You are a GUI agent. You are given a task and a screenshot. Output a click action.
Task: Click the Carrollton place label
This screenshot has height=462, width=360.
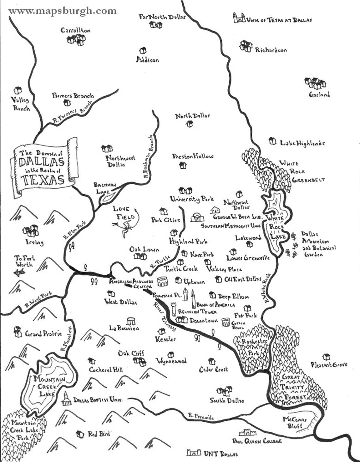click(75, 30)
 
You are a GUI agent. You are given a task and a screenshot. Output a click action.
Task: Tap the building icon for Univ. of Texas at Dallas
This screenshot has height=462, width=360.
click(239, 18)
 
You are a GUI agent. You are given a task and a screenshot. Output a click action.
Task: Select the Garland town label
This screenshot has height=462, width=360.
click(319, 94)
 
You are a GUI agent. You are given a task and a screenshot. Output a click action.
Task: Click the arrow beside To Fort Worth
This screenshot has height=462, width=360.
click(19, 273)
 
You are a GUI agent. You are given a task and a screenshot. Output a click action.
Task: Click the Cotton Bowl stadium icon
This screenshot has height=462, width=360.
click(226, 322)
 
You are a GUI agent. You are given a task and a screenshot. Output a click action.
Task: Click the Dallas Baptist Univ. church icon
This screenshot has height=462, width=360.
click(66, 399)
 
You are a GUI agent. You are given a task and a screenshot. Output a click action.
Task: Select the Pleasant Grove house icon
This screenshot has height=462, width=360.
click(327, 357)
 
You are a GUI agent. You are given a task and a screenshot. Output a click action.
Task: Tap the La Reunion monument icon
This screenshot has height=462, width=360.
click(130, 321)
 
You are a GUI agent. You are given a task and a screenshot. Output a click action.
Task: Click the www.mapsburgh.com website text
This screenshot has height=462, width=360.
click(63, 11)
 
